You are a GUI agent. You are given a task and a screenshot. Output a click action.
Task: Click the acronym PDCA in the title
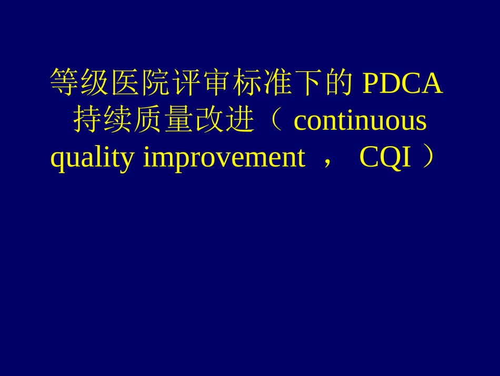pos(403,83)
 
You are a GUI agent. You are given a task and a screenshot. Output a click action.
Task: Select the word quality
pos(92,158)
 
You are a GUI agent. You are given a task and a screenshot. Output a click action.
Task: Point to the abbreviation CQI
pos(385,157)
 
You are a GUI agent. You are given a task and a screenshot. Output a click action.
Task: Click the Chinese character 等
pos(64,82)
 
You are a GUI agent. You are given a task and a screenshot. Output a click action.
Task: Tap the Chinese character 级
pos(94,82)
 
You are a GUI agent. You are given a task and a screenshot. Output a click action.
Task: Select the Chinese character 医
pos(125,82)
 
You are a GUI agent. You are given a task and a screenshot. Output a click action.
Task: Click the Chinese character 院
pos(156,82)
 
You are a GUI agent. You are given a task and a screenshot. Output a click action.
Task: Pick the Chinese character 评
pos(186,82)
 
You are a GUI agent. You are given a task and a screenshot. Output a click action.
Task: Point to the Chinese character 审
pos(217,82)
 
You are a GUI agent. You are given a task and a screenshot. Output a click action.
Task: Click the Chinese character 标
pos(248,82)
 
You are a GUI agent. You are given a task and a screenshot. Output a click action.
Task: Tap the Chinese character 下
pos(309,82)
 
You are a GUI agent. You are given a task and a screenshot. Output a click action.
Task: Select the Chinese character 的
pos(340,82)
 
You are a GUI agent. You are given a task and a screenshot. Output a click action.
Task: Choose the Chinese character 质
pos(148,120)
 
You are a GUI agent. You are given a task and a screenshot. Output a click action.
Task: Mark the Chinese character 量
pos(179,120)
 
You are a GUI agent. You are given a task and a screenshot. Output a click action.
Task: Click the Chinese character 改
pos(209,120)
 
